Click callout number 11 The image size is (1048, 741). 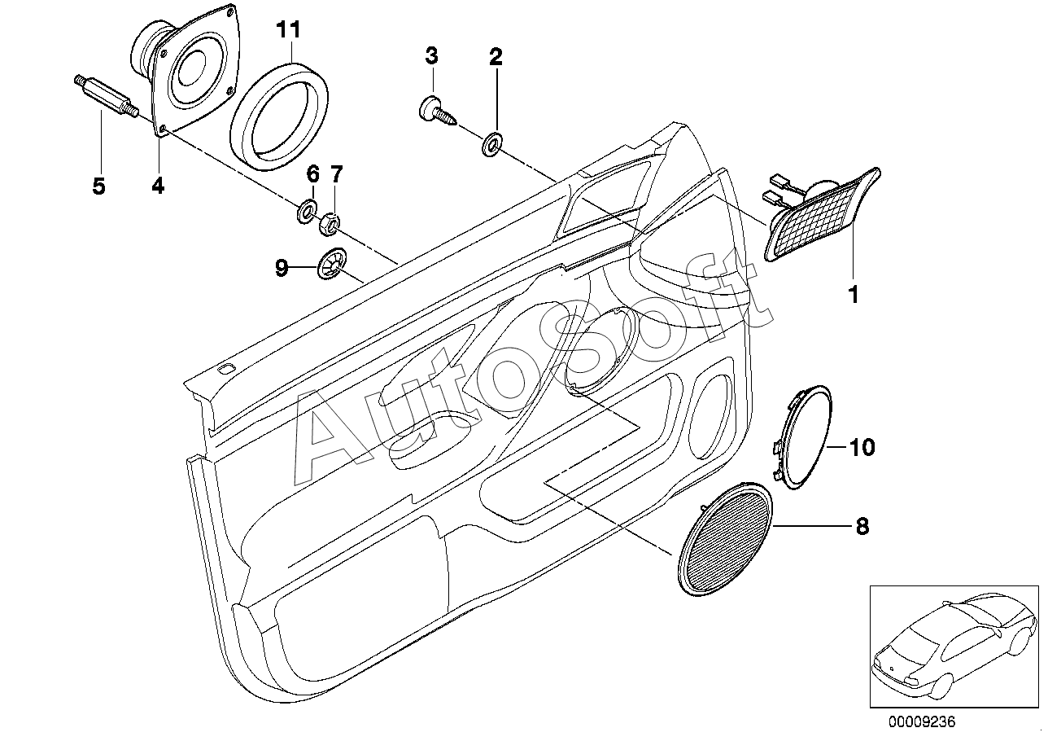click(288, 29)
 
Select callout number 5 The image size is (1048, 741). click(98, 186)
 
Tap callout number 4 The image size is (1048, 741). click(158, 186)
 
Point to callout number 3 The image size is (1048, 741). click(431, 55)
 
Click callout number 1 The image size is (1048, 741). click(854, 295)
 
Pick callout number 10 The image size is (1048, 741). click(862, 448)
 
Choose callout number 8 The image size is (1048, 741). click(862, 526)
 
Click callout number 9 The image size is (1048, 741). click(282, 268)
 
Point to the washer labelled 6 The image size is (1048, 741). click(307, 211)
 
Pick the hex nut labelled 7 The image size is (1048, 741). click(330, 223)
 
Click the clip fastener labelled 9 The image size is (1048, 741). click(332, 263)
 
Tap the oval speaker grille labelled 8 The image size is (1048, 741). click(725, 538)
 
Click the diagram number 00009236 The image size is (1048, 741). click(922, 721)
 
